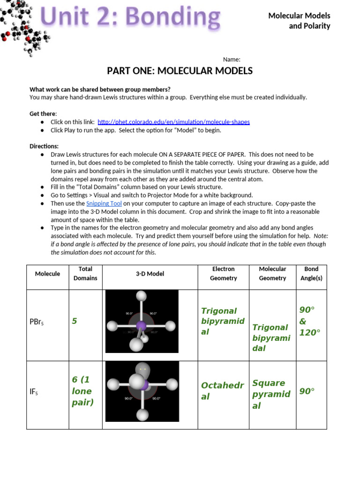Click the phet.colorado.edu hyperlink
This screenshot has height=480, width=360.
click(x=173, y=122)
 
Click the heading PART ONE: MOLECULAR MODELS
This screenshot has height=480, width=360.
click(x=180, y=71)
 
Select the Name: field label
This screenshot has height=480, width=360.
click(x=232, y=60)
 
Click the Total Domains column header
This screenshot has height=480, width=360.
click(x=85, y=273)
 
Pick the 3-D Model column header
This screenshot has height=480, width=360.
click(x=150, y=274)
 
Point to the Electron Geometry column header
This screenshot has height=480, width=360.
click(x=224, y=273)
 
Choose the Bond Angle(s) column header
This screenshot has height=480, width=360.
click(x=311, y=273)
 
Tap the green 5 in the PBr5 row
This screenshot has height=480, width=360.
click(x=74, y=321)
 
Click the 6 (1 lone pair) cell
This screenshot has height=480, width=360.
click(x=82, y=391)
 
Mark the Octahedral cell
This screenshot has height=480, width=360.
click(x=222, y=391)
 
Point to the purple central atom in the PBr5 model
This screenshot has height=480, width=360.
click(x=141, y=326)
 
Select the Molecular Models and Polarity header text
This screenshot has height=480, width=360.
click(x=299, y=21)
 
